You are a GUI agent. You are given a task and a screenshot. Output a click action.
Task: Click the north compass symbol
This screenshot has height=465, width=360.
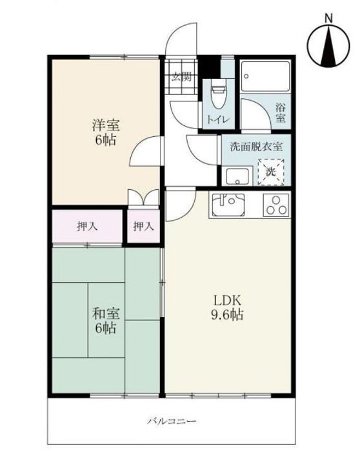point(328,46)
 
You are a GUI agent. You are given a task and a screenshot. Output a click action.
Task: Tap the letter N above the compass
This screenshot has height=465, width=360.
point(328,18)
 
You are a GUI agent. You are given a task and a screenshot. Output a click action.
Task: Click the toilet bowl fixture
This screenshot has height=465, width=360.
point(218,96)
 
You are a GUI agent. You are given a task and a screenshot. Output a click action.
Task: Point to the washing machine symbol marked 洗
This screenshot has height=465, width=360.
point(271,172)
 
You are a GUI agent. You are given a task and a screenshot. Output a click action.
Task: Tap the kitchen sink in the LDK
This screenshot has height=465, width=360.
point(228,205)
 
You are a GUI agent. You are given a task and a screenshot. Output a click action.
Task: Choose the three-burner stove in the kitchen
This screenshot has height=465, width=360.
point(276,205)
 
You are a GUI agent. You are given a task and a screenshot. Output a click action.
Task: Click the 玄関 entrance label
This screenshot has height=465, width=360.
point(182,77)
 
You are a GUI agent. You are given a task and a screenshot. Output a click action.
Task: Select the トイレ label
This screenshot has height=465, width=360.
point(218,120)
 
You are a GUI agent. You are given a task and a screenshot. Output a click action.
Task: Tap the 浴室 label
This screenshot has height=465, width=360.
point(280,113)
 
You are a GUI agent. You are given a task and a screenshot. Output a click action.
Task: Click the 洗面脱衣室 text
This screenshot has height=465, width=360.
point(256,147)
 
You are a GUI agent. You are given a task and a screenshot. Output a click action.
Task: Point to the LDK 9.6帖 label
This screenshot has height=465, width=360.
point(227,307)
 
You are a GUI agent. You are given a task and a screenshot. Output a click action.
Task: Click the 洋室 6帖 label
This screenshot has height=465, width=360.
point(105,132)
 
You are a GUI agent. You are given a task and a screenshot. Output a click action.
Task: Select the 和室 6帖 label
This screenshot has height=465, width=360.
point(106,320)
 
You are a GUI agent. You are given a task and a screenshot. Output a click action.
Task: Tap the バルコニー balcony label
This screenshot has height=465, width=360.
point(172,421)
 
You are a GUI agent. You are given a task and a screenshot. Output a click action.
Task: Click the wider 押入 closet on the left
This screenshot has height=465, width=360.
point(87,227)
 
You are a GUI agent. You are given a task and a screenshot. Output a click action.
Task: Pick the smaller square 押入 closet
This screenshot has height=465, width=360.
point(144,227)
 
